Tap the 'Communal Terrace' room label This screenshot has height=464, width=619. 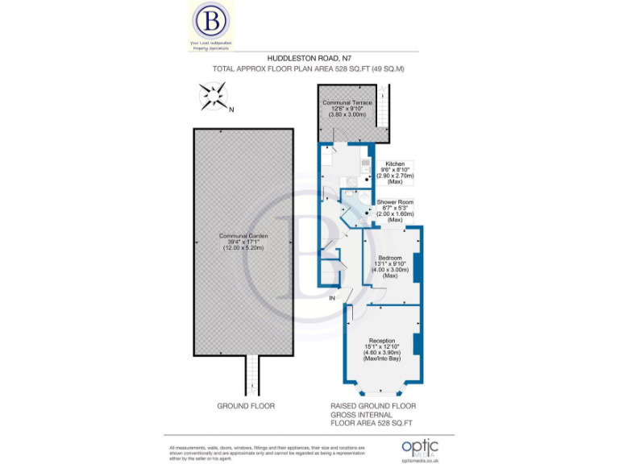pyautogui.click(x=347, y=104)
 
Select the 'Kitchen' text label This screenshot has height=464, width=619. pyautogui.click(x=395, y=164)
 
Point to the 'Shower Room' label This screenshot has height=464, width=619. pyautogui.click(x=395, y=202)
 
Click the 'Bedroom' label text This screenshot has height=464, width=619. pyautogui.click(x=391, y=258)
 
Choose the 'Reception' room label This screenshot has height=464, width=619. pyautogui.click(x=382, y=340)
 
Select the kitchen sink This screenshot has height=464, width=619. pyautogui.click(x=364, y=165)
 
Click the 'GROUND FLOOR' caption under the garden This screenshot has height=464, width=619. pyautogui.click(x=246, y=406)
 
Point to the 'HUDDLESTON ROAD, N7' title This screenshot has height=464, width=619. pyautogui.click(x=309, y=59)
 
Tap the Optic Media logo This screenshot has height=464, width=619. pyautogui.click(x=420, y=447)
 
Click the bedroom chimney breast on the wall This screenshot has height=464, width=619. pyautogui.click(x=417, y=266)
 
